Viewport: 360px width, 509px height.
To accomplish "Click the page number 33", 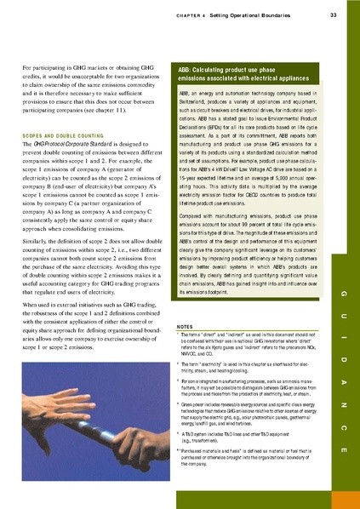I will click(x=332, y=14).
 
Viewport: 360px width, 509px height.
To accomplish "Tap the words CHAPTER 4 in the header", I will click(x=183, y=14).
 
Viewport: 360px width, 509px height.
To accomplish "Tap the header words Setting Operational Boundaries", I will click(x=254, y=14).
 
